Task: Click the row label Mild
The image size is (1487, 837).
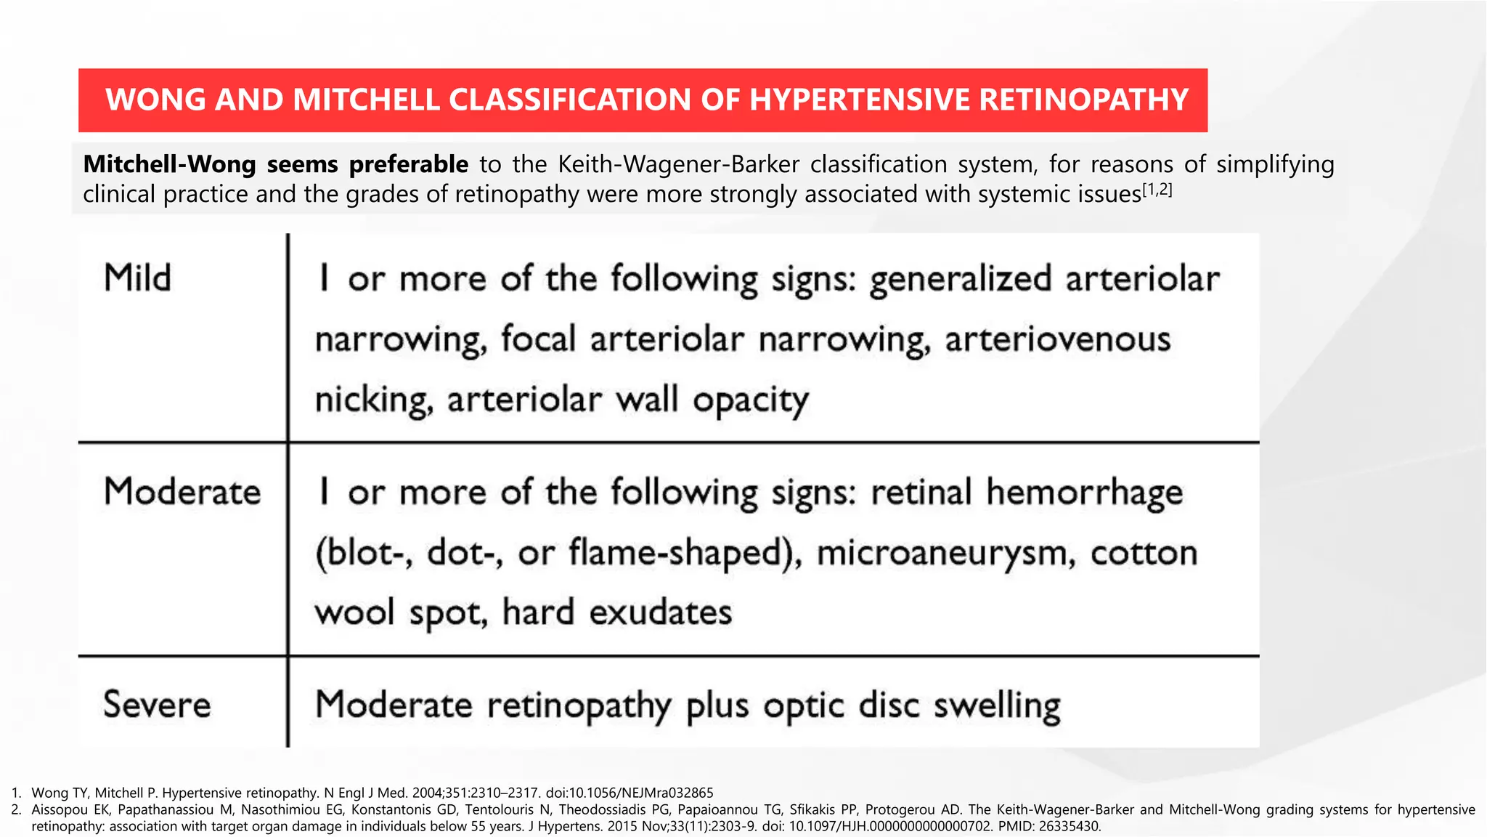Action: [137, 278]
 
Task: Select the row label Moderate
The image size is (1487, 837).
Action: [182, 491]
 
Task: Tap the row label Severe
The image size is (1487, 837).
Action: [157, 704]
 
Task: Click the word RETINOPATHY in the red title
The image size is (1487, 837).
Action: [1084, 100]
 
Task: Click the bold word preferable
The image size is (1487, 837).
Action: [409, 164]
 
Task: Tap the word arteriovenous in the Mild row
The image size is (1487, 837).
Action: [1057, 339]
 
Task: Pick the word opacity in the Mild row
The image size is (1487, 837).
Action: [751, 400]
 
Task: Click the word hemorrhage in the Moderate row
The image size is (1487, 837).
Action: [1085, 493]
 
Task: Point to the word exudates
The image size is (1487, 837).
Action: [660, 612]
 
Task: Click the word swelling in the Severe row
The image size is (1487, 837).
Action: [997, 705]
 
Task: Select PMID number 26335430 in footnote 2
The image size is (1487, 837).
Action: [1070, 826]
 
